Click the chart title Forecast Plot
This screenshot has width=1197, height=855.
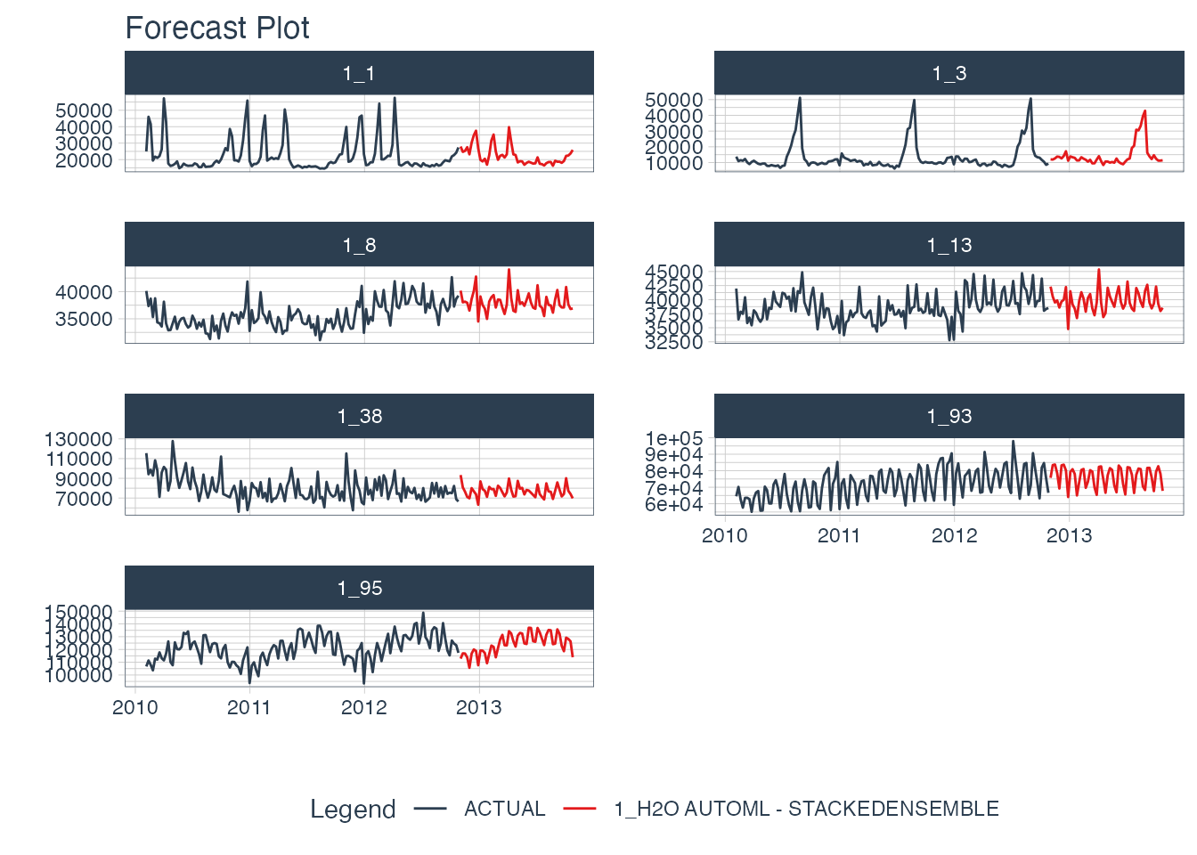(x=217, y=28)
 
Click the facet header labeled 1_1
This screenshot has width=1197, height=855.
(x=359, y=73)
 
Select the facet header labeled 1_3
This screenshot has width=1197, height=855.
(x=949, y=73)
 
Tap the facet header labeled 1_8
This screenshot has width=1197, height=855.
(x=359, y=245)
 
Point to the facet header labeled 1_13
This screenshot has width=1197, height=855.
(x=949, y=245)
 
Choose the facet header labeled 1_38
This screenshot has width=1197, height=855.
(x=359, y=416)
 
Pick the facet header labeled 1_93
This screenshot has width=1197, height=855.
(x=949, y=416)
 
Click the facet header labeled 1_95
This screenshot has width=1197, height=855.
(x=359, y=588)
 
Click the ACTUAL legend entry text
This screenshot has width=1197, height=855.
(x=504, y=809)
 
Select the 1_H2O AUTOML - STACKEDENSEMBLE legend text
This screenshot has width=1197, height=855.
(x=806, y=809)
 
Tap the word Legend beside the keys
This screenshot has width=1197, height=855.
(x=353, y=809)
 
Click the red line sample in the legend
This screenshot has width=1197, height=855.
(x=579, y=809)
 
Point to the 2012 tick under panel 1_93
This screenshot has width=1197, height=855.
(x=954, y=535)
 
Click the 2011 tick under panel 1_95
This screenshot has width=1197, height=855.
(x=249, y=707)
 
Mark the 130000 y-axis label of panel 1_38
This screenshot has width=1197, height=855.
(x=78, y=439)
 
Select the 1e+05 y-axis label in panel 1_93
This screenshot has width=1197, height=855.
(x=674, y=439)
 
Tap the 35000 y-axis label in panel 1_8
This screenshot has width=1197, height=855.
(x=84, y=319)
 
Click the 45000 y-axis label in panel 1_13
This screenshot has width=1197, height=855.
(x=674, y=272)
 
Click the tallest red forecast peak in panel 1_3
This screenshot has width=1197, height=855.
(x=1144, y=111)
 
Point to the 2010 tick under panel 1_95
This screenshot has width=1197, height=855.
(x=135, y=707)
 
